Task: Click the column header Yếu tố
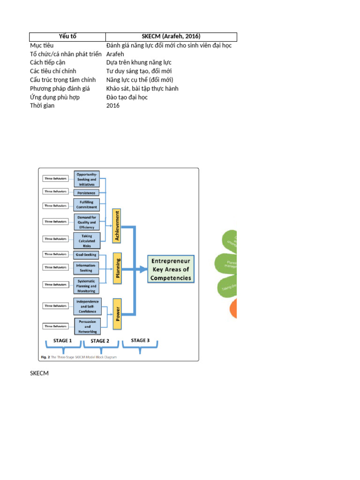(67, 37)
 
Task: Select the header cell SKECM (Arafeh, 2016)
(171, 37)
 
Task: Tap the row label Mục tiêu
(42, 45)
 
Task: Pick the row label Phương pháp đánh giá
(60, 89)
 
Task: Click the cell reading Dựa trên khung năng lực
(139, 63)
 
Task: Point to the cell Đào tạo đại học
(127, 97)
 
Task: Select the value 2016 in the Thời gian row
(113, 106)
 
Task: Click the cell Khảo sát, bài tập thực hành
(142, 89)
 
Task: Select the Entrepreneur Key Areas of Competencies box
(171, 270)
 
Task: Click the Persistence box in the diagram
(86, 193)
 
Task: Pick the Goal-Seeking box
(86, 255)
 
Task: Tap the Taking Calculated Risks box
(87, 240)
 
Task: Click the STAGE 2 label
(100, 341)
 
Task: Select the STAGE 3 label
(140, 340)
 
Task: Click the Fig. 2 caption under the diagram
(77, 357)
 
